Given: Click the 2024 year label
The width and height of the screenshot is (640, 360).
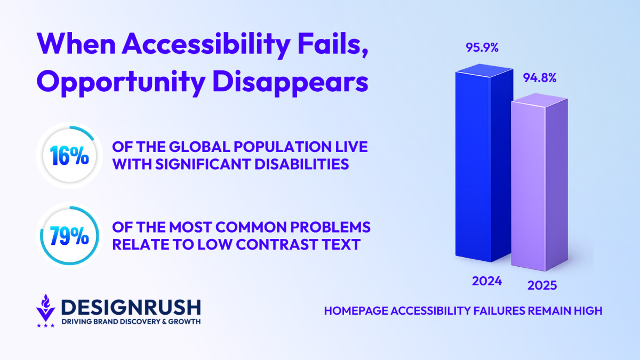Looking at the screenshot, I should click(x=487, y=281).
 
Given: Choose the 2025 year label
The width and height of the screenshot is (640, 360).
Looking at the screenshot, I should click(x=542, y=285).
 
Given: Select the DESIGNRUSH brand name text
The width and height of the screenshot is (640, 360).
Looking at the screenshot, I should click(x=130, y=307).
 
